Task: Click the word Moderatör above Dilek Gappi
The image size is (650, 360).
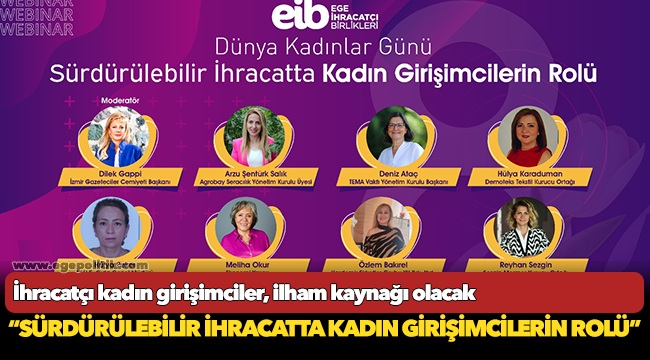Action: coord(120,101)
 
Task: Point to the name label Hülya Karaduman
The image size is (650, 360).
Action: coord(540,173)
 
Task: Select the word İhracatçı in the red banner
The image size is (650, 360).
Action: coord(56,293)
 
